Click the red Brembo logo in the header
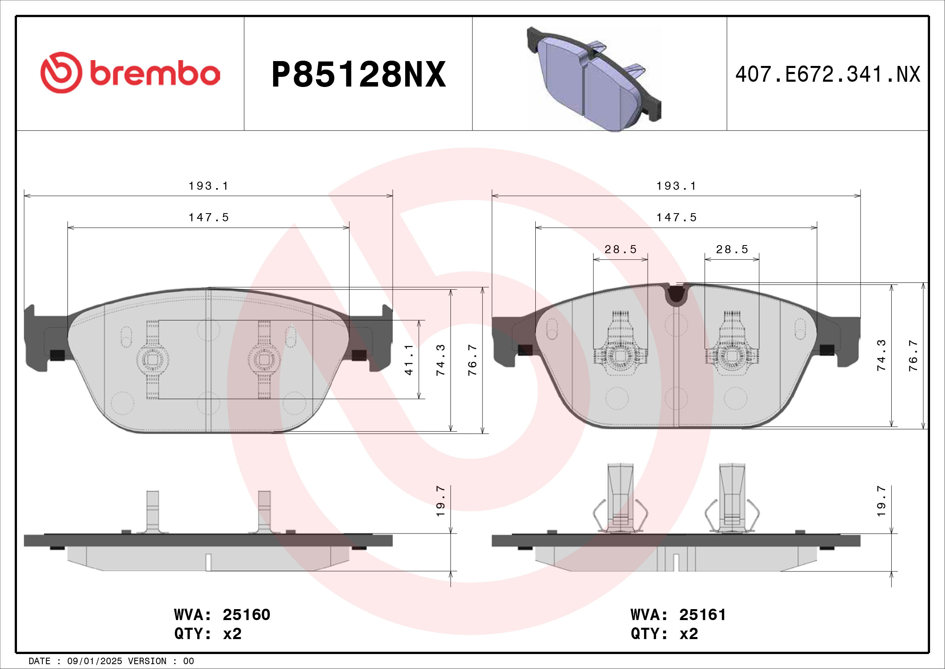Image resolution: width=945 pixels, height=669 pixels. point(130,72)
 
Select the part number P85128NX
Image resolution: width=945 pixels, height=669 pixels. point(358,74)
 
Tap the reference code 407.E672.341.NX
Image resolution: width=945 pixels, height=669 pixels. point(827,74)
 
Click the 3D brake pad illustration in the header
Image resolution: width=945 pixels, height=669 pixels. point(594,79)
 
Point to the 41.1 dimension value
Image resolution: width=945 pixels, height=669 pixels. point(409,360)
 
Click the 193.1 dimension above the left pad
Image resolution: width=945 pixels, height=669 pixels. point(208,186)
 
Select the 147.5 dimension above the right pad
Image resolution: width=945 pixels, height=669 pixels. point(676,218)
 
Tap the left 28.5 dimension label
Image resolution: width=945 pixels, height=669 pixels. point(620,249)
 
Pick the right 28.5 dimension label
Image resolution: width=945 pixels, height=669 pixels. point(732,249)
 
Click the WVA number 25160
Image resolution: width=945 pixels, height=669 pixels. point(246,615)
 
